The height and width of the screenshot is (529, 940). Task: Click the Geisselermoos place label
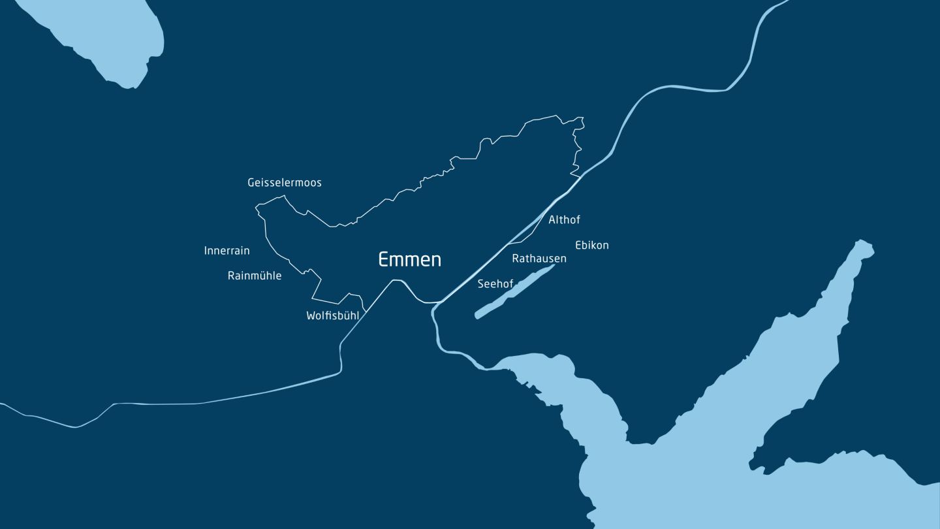click(x=285, y=183)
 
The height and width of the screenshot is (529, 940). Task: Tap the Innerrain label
click(x=227, y=251)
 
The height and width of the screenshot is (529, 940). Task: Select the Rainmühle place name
click(x=255, y=276)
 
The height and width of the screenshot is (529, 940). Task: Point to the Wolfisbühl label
click(x=332, y=316)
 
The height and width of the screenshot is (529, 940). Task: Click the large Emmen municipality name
click(x=410, y=259)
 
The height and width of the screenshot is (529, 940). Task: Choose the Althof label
click(x=564, y=220)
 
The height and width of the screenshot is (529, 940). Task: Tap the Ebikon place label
click(x=591, y=246)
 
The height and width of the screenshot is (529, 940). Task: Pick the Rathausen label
click(x=539, y=259)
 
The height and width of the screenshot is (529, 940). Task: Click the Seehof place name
click(x=495, y=284)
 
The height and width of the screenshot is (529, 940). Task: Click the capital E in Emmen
click(x=384, y=259)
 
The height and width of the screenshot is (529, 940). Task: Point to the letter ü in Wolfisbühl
click(x=347, y=316)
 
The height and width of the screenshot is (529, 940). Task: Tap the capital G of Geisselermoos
click(x=251, y=183)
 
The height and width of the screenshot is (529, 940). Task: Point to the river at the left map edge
click(x=3, y=404)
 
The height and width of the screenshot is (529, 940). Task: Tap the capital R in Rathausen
click(x=516, y=259)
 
